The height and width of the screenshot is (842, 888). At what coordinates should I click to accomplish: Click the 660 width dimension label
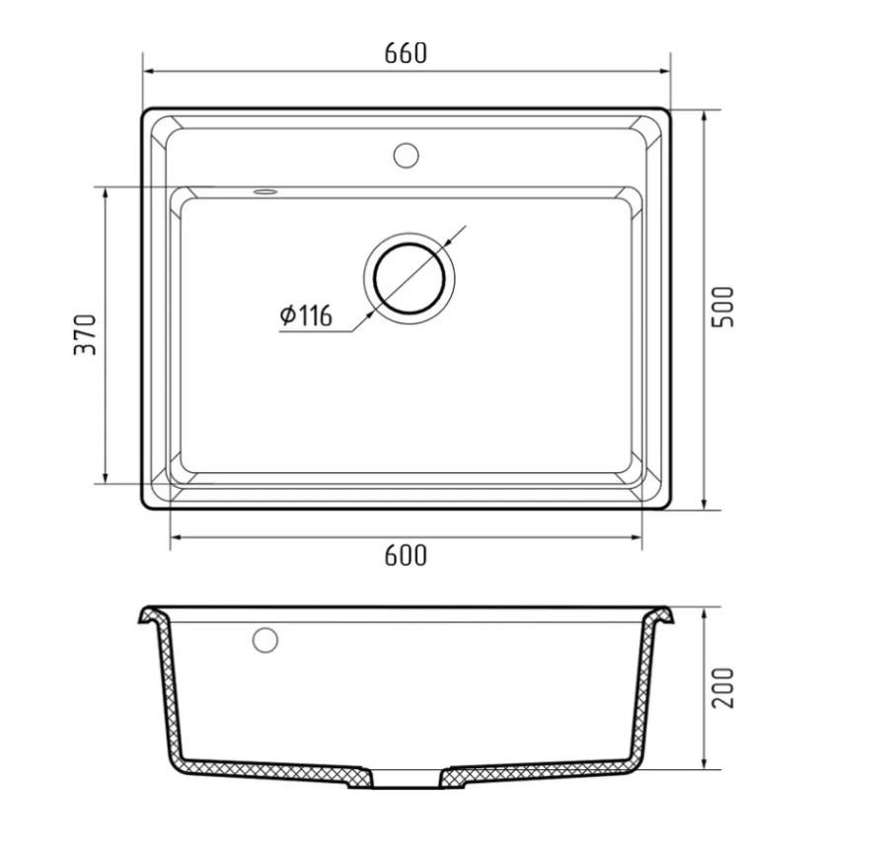(406, 53)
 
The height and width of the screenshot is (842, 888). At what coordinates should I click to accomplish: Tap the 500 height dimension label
(722, 307)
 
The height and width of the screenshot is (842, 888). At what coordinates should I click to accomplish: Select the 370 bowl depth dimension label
(86, 334)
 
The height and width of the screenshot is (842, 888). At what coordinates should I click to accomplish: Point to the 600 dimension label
(406, 556)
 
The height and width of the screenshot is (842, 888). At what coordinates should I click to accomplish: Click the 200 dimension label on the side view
(722, 688)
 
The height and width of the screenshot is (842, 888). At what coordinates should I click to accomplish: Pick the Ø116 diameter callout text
(306, 316)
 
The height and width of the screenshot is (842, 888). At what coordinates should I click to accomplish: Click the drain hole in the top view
(408, 278)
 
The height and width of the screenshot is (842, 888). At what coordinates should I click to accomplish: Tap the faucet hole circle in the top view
(407, 155)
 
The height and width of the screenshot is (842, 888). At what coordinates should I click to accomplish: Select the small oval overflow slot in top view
(265, 192)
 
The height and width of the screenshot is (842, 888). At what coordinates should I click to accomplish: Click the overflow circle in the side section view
(265, 640)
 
